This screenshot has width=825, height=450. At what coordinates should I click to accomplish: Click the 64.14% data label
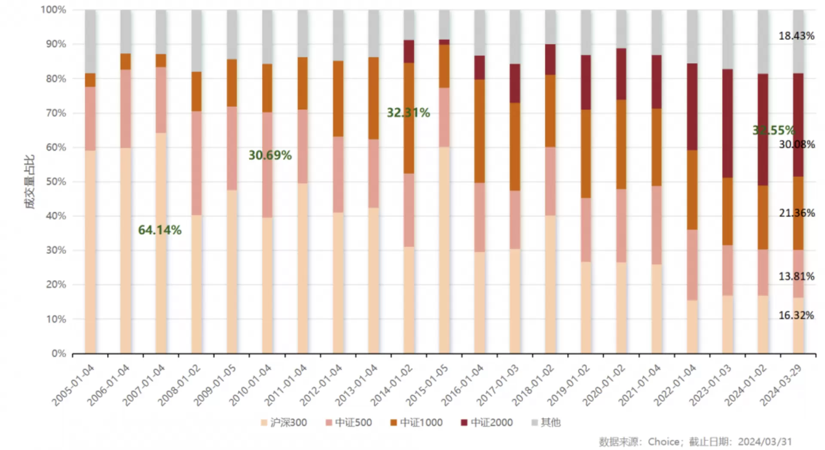pyautogui.click(x=160, y=230)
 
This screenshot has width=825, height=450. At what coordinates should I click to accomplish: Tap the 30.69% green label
pyautogui.click(x=270, y=155)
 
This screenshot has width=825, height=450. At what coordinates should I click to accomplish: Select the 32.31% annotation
pyautogui.click(x=408, y=113)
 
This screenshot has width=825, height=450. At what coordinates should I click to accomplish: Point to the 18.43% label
pyautogui.click(x=797, y=36)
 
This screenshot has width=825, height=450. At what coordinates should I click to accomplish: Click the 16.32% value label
pyautogui.click(x=796, y=316)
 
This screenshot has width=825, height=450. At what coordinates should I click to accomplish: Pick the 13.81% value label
pyautogui.click(x=797, y=277)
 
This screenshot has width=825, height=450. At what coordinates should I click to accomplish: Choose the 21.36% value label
pyautogui.click(x=797, y=213)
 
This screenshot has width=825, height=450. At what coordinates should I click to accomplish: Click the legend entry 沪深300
pyautogui.click(x=284, y=423)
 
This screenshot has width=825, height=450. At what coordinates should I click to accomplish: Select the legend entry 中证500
pyautogui.click(x=349, y=423)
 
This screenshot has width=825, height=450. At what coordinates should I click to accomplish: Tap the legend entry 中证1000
pyautogui.click(x=416, y=423)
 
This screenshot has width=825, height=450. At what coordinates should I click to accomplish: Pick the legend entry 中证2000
pyautogui.click(x=487, y=423)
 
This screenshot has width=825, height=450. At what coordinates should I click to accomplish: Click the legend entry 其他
pyautogui.click(x=546, y=423)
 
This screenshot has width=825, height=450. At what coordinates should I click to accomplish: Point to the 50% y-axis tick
pyautogui.click(x=56, y=182)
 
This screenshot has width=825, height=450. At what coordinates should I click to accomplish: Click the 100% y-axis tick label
pyautogui.click(x=53, y=9)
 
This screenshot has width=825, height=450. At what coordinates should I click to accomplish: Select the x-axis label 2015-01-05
pyautogui.click(x=428, y=386)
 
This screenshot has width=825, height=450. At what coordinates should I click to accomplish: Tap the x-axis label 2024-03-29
pyautogui.click(x=781, y=386)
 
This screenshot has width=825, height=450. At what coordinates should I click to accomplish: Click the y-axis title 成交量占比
pyautogui.click(x=29, y=182)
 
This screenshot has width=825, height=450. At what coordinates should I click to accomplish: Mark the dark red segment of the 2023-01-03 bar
pyautogui.click(x=727, y=123)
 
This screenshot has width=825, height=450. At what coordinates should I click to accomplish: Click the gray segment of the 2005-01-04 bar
pyautogui.click(x=90, y=41)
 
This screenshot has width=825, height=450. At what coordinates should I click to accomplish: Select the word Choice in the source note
pyautogui.click(x=663, y=442)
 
